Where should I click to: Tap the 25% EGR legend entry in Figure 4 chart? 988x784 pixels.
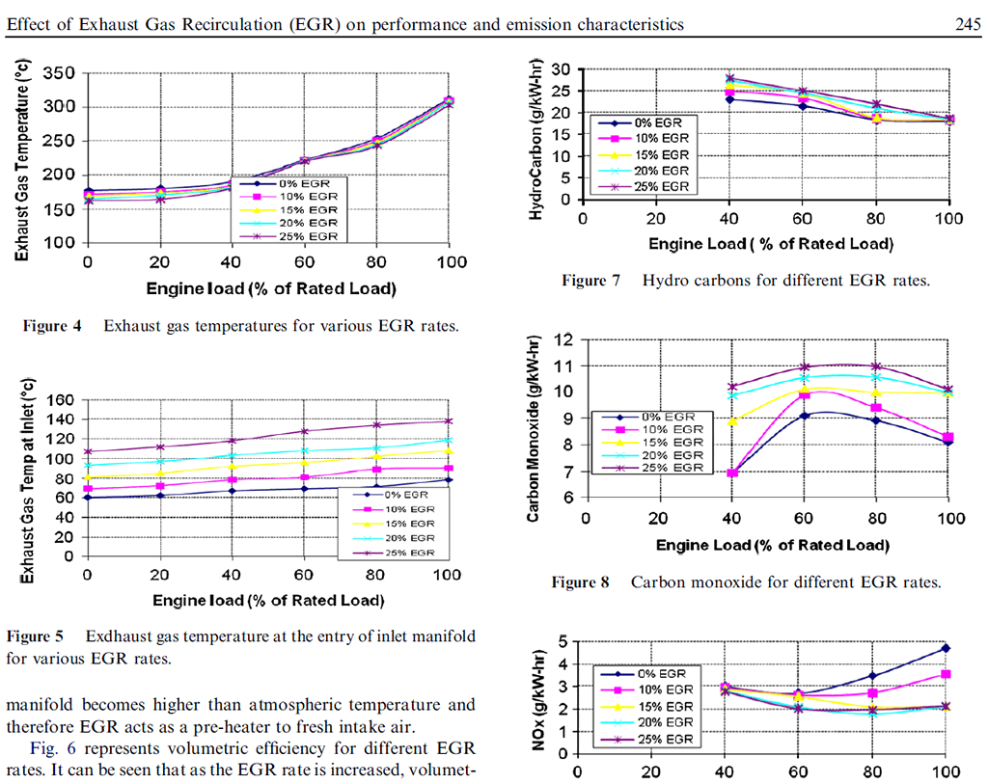[x=298, y=235]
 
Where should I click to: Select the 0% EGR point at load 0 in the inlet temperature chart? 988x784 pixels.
[x=88, y=497]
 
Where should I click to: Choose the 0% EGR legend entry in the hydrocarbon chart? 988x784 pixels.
[x=655, y=122]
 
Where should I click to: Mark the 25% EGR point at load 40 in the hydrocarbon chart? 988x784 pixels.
[x=730, y=78]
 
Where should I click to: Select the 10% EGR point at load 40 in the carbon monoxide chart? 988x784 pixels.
[x=732, y=473]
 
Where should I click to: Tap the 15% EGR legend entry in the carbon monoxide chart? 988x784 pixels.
[x=664, y=443]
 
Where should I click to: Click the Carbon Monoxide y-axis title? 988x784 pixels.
[x=533, y=428]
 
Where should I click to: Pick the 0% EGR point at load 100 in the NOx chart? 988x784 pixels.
[x=946, y=648]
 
